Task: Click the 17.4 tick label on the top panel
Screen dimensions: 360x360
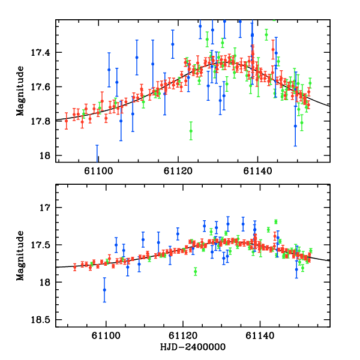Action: click(x=43, y=53)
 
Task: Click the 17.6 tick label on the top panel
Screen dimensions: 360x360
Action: click(x=43, y=87)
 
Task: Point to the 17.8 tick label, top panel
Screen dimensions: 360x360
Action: click(x=43, y=121)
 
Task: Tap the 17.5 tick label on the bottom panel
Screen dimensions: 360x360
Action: click(x=43, y=245)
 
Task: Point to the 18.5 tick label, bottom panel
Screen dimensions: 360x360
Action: click(x=43, y=319)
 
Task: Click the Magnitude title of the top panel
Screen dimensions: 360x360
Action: click(x=20, y=90)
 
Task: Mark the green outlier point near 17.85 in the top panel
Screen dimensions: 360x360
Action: click(x=191, y=130)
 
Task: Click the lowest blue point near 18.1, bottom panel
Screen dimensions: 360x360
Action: click(x=104, y=290)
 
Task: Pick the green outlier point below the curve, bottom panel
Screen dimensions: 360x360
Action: click(x=196, y=272)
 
